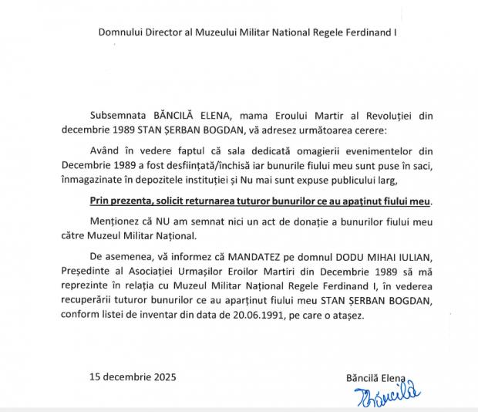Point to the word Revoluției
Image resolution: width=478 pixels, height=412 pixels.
(x=386, y=114)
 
